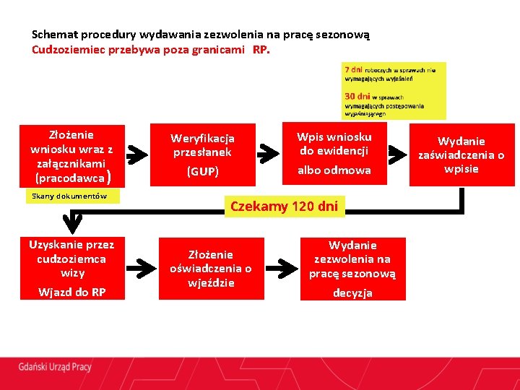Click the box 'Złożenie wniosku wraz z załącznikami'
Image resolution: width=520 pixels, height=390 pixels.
pos(71,155)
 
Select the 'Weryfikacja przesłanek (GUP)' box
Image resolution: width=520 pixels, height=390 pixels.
pos(202,154)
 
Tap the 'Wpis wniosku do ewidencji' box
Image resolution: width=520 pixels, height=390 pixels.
pos(334,152)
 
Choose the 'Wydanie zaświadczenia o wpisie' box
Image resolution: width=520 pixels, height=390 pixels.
pos(461,155)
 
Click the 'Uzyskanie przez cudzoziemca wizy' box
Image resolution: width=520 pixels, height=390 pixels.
pos(72,267)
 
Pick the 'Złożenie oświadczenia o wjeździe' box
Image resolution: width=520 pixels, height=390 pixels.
pos(211,268)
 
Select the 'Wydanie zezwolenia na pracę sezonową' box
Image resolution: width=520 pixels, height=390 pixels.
pos(353,269)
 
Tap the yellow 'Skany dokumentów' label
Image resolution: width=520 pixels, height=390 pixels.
pos(70,196)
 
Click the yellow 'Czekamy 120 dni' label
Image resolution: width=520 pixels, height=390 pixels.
pos(283,207)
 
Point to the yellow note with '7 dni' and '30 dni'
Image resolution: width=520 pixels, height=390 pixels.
pos(394,90)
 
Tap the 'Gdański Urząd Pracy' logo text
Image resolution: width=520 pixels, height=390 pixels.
pos(56,367)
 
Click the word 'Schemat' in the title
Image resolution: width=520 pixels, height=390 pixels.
pos(54,34)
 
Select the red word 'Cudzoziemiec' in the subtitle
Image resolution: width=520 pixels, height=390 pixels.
pos(67,51)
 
